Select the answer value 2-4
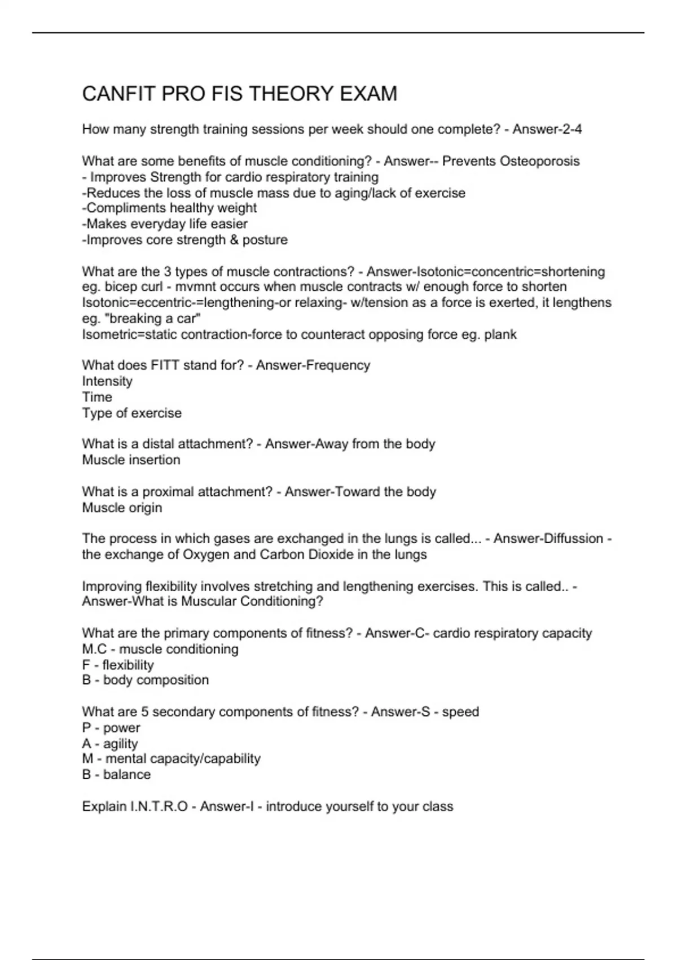571,129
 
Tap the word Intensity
107,381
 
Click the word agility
120,744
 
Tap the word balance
127,774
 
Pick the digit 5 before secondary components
145,712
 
